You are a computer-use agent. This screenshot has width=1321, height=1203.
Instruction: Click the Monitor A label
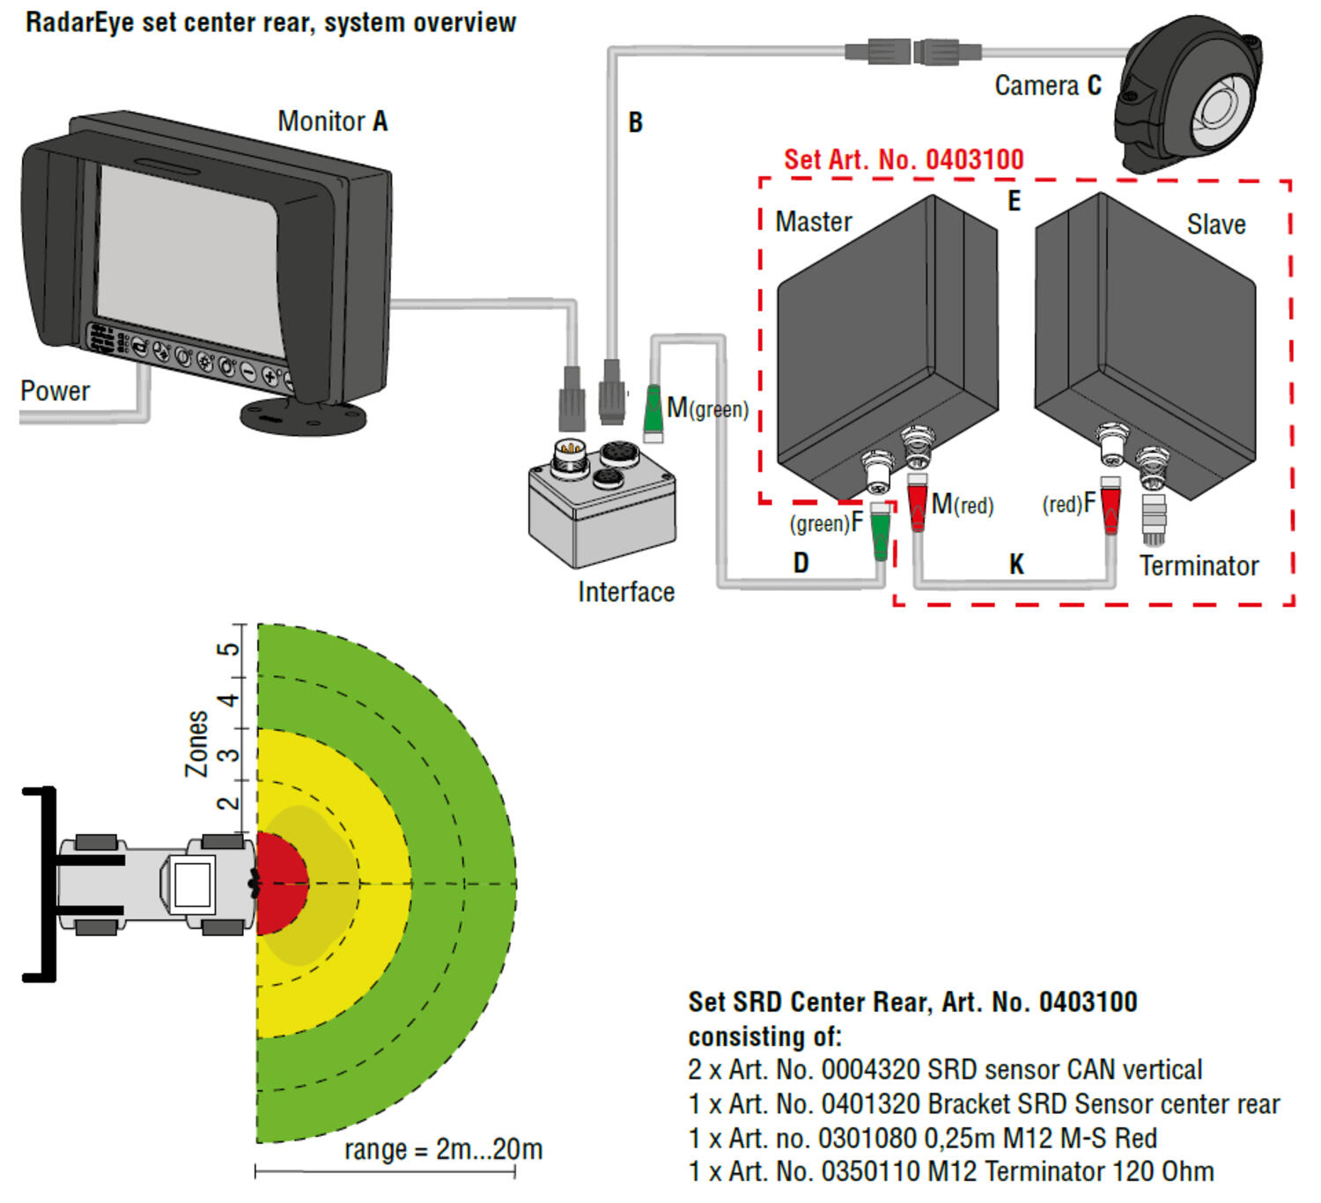332,122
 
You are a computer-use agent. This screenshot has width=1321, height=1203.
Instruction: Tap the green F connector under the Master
880,532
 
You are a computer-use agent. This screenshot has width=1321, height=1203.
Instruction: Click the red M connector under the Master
918,504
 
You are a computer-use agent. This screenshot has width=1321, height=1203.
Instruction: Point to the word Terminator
1199,565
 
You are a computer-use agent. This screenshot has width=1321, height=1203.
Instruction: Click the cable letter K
1016,565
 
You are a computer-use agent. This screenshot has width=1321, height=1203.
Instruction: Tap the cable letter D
801,563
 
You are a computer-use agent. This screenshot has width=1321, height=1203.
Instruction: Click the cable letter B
635,122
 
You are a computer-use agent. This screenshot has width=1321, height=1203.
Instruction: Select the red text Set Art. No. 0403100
904,159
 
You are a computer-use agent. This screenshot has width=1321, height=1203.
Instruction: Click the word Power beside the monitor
55,391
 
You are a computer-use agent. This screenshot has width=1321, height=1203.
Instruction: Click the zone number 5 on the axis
228,649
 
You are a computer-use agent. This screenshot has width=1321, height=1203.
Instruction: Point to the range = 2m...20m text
443,1149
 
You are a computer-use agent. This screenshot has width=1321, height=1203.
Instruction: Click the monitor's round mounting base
304,417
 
